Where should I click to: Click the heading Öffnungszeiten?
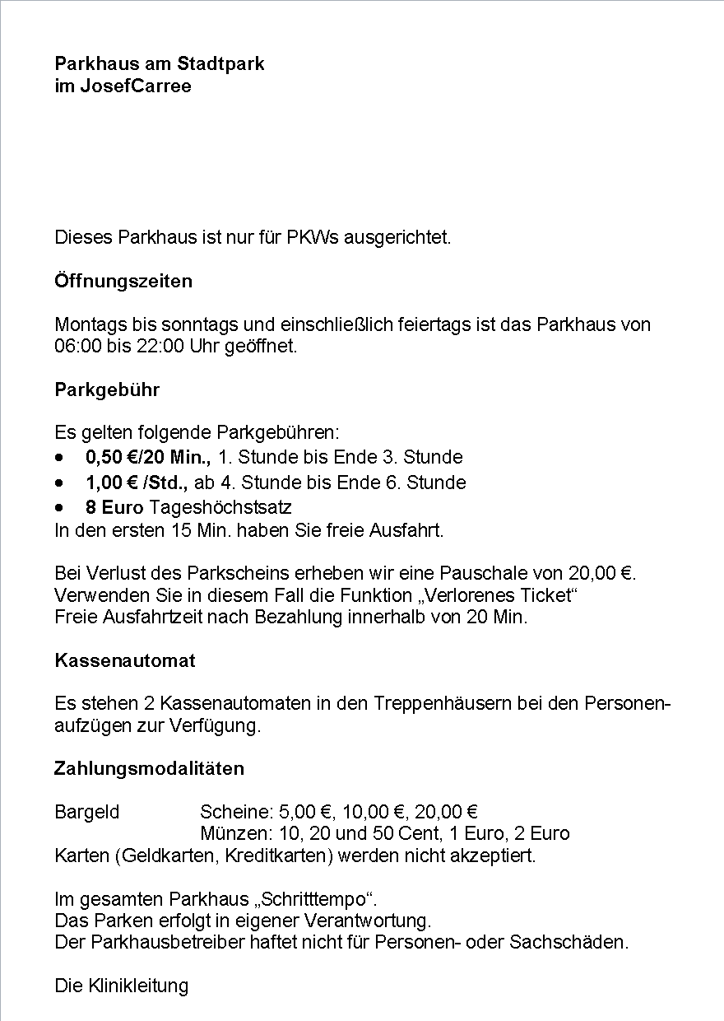123,281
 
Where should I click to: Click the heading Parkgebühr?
107,389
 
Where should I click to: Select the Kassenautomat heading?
124,660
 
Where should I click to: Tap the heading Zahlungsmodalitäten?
149,769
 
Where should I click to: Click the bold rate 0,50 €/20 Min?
148,457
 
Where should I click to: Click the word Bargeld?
87,813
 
